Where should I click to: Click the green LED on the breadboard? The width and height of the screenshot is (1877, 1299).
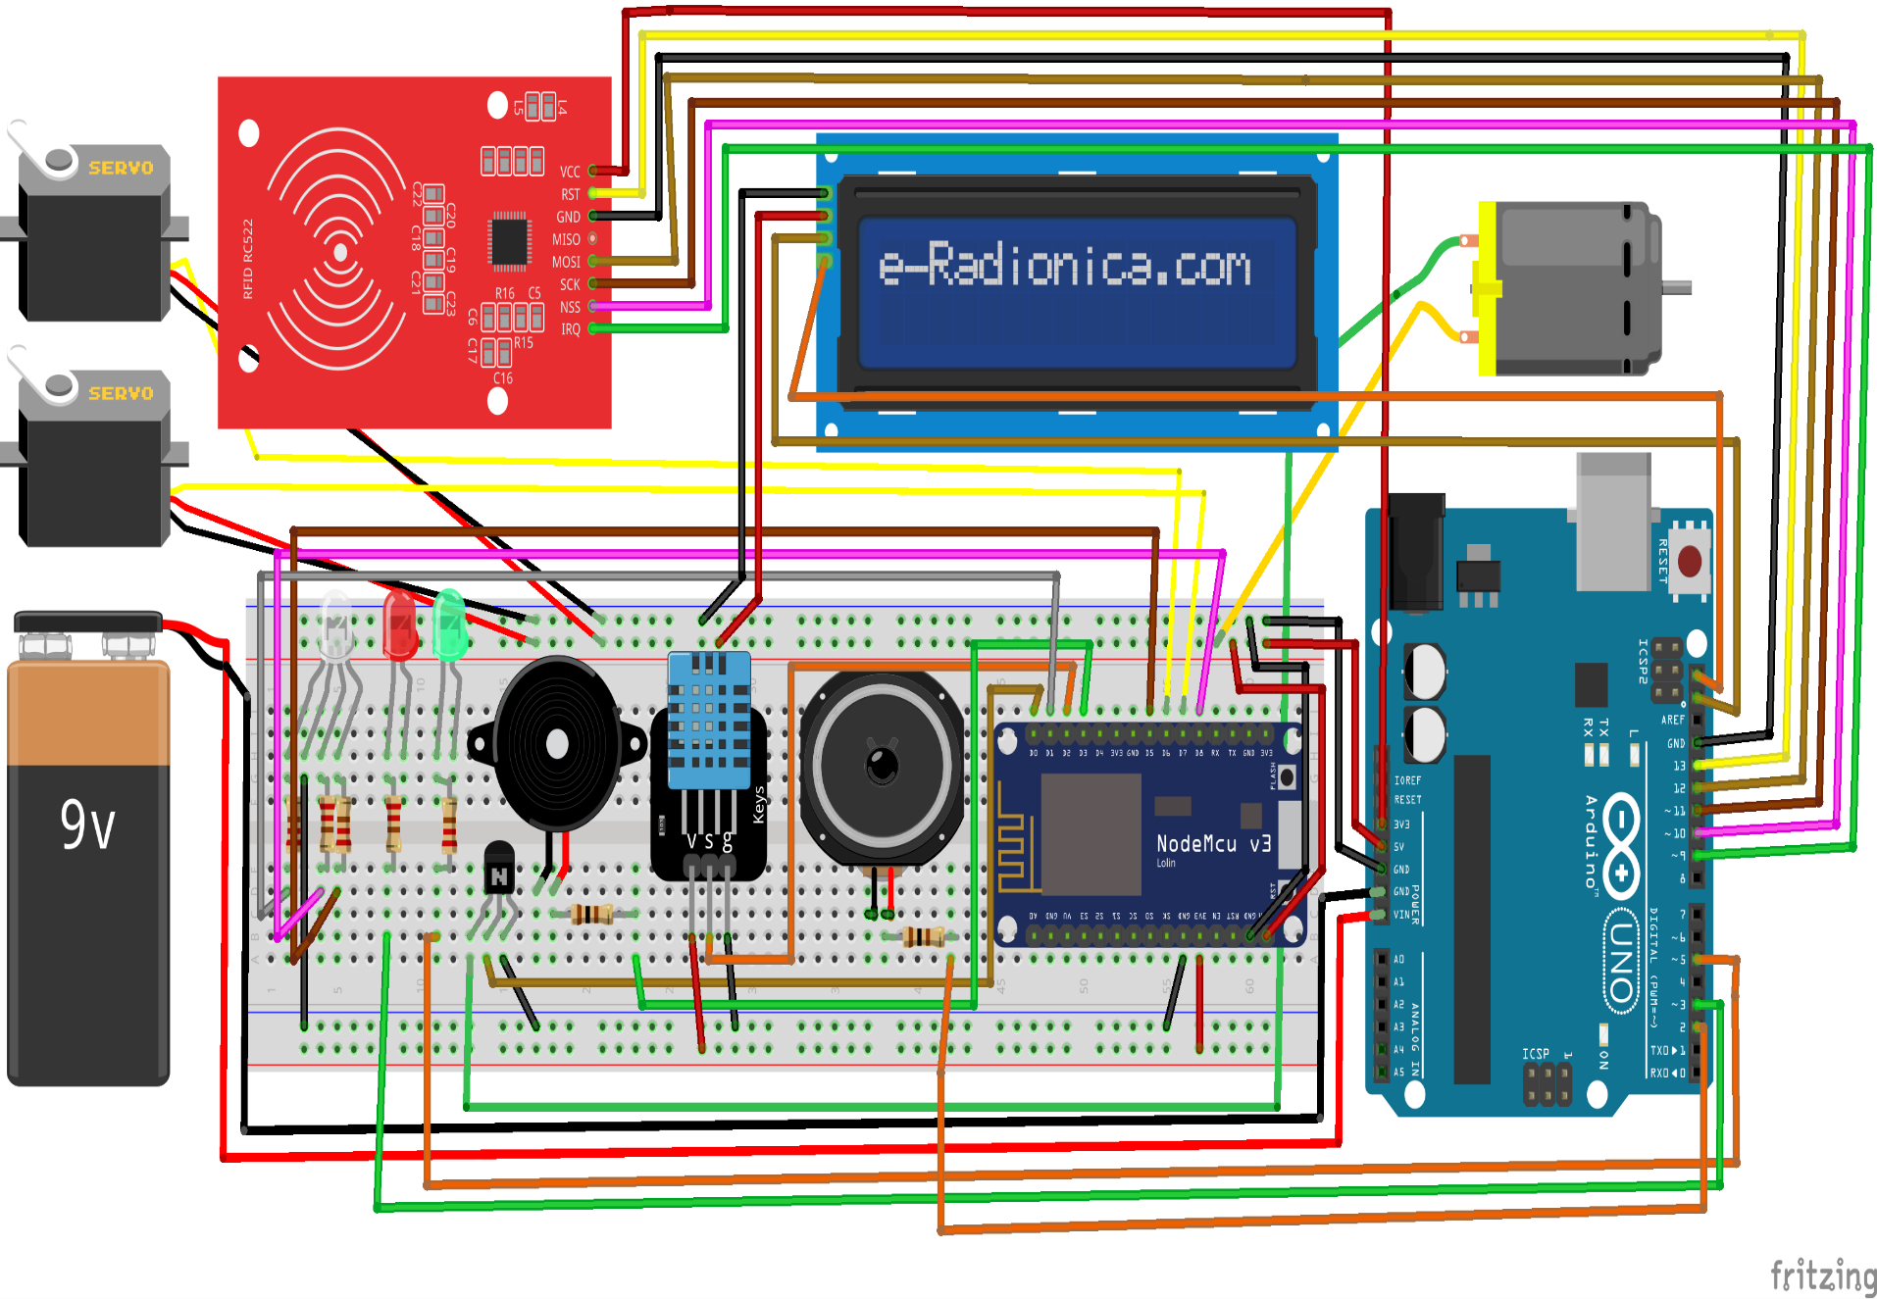coord(449,625)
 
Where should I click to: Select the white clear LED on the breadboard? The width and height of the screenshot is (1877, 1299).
coord(335,625)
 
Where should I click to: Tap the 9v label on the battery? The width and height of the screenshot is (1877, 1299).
coord(87,825)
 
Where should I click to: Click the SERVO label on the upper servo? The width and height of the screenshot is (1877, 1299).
coord(121,168)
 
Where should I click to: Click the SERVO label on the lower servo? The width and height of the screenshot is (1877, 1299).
coord(121,393)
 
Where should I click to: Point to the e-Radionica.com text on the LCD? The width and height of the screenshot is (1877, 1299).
coord(1065,266)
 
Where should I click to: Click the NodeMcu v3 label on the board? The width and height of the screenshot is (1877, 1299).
coord(1213,844)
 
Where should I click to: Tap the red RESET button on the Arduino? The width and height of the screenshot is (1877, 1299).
coord(1690,562)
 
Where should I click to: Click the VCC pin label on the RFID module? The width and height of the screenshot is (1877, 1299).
coord(570,172)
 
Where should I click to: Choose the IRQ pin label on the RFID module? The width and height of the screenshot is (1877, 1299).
coord(570,329)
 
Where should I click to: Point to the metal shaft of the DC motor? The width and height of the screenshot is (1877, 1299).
coord(1676,287)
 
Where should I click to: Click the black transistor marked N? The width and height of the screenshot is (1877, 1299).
coord(499,869)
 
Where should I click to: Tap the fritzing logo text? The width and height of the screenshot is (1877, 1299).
coord(1822,1275)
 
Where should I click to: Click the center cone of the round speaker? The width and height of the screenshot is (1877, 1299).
coord(882,765)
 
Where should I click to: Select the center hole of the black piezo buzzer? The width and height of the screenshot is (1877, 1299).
coord(557,744)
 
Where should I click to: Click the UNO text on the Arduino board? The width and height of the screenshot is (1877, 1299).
coord(1621,962)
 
